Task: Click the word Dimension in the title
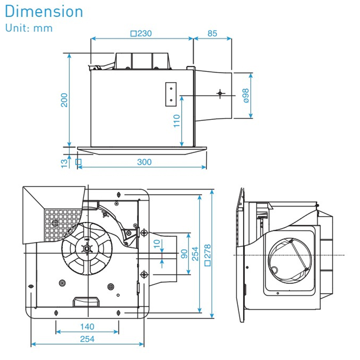(44, 12)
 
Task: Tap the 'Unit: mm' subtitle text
(29, 28)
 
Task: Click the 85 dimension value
(212, 33)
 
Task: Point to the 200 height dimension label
(64, 100)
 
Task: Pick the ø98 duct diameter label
(246, 96)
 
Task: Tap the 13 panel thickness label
(64, 162)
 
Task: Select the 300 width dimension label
(144, 162)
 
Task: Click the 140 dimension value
(87, 327)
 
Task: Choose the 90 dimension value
(184, 254)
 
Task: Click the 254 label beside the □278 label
(195, 254)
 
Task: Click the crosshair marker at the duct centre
(220, 93)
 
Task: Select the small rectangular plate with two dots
(171, 94)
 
